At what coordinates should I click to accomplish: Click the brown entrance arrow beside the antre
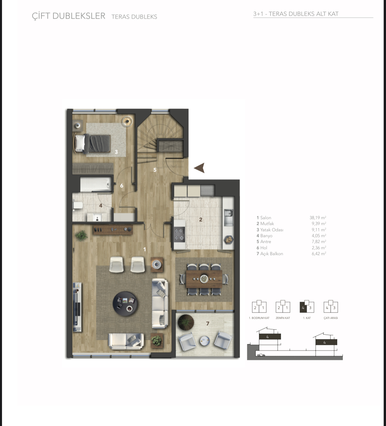(200, 168)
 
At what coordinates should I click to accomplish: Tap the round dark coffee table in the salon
(125, 304)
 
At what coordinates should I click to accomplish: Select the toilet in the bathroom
(77, 206)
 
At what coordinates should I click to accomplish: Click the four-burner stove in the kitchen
(179, 235)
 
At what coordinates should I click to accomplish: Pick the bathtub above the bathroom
(96, 184)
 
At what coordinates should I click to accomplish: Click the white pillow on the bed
(80, 143)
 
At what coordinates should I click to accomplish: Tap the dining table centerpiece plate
(204, 279)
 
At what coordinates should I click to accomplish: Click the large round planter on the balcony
(186, 322)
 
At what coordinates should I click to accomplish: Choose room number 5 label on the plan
(155, 170)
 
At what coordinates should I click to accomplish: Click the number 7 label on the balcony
(208, 323)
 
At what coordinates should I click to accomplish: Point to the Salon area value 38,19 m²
(318, 218)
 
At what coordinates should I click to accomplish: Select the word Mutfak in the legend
(267, 224)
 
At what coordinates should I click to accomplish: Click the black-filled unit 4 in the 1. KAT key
(303, 308)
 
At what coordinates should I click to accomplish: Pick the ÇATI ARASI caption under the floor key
(331, 318)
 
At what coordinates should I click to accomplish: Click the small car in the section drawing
(261, 355)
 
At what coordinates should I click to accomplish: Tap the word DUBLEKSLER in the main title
(79, 16)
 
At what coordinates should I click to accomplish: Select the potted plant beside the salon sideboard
(81, 235)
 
